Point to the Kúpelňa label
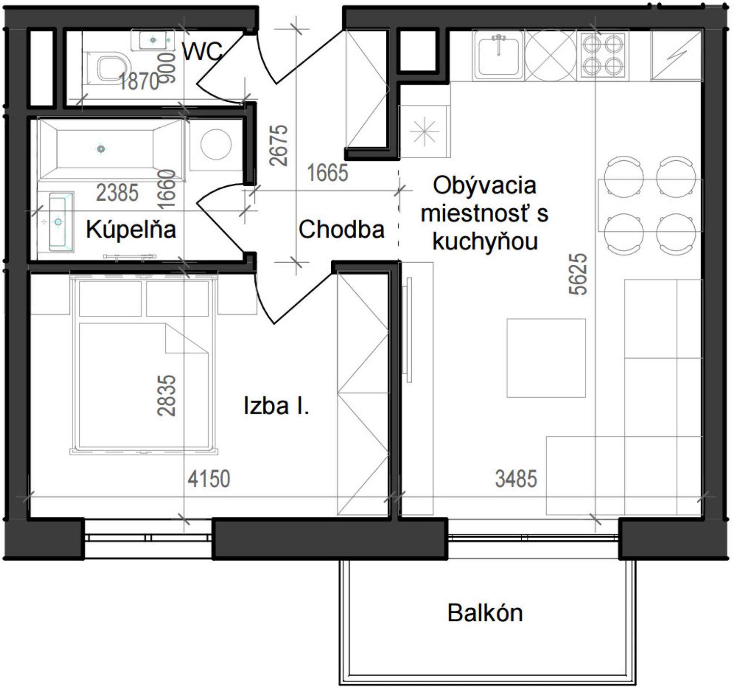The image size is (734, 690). pos(131,229)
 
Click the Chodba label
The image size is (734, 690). pos(341,229)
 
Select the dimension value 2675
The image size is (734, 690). pos(279,145)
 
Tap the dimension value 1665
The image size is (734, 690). pos(327,173)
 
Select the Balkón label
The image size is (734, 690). pos(485,613)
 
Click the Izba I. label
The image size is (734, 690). pos(277,406)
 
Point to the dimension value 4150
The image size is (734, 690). pos(209,479)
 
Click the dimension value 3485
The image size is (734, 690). pos(516,479)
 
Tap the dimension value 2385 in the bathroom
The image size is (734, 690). pos(117,193)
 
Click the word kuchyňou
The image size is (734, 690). pos(485,241)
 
